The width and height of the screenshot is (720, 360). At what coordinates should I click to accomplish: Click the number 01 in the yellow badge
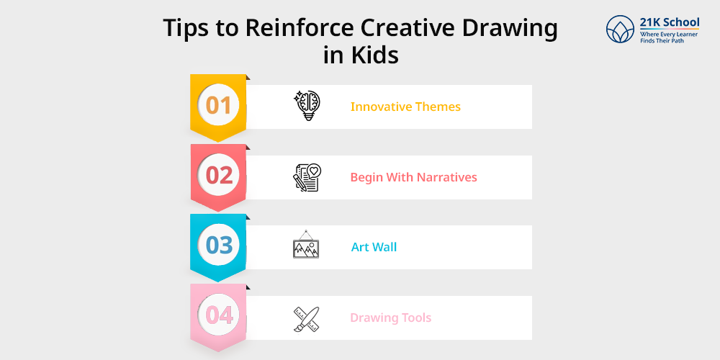coord(218,105)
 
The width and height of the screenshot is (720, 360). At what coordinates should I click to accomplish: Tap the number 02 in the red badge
coord(219,176)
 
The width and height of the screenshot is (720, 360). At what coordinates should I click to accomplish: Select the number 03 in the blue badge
coord(219,246)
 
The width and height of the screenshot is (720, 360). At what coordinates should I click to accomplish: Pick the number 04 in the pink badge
coord(219,315)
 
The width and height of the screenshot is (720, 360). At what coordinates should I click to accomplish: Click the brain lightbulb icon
coord(307,106)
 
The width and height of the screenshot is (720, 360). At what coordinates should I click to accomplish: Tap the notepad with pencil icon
coord(307,177)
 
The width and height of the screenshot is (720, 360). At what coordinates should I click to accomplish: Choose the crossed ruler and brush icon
coord(306,319)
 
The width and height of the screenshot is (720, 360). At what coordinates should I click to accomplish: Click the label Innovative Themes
coord(405,107)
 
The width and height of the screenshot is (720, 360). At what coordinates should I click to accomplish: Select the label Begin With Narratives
coord(414,177)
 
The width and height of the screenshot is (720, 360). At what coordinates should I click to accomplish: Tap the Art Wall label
coord(374,247)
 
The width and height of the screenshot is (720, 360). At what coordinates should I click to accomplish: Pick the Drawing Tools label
coord(391,318)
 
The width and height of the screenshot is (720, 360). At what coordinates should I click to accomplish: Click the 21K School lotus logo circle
coord(620,29)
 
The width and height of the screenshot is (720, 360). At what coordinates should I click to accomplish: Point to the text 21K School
coord(670,22)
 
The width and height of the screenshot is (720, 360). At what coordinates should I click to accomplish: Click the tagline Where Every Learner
coord(669,35)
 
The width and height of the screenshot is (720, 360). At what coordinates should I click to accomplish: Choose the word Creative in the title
coord(407,29)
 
